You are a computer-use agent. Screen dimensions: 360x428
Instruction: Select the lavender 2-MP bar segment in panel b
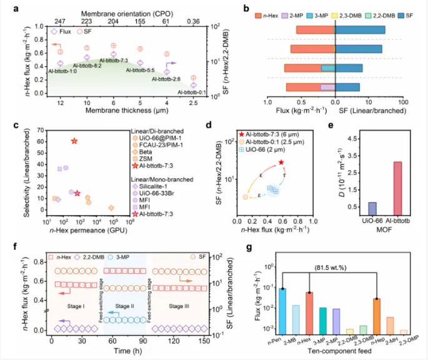(x=327, y=87)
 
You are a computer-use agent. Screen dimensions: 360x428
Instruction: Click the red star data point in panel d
(x=282, y=162)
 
